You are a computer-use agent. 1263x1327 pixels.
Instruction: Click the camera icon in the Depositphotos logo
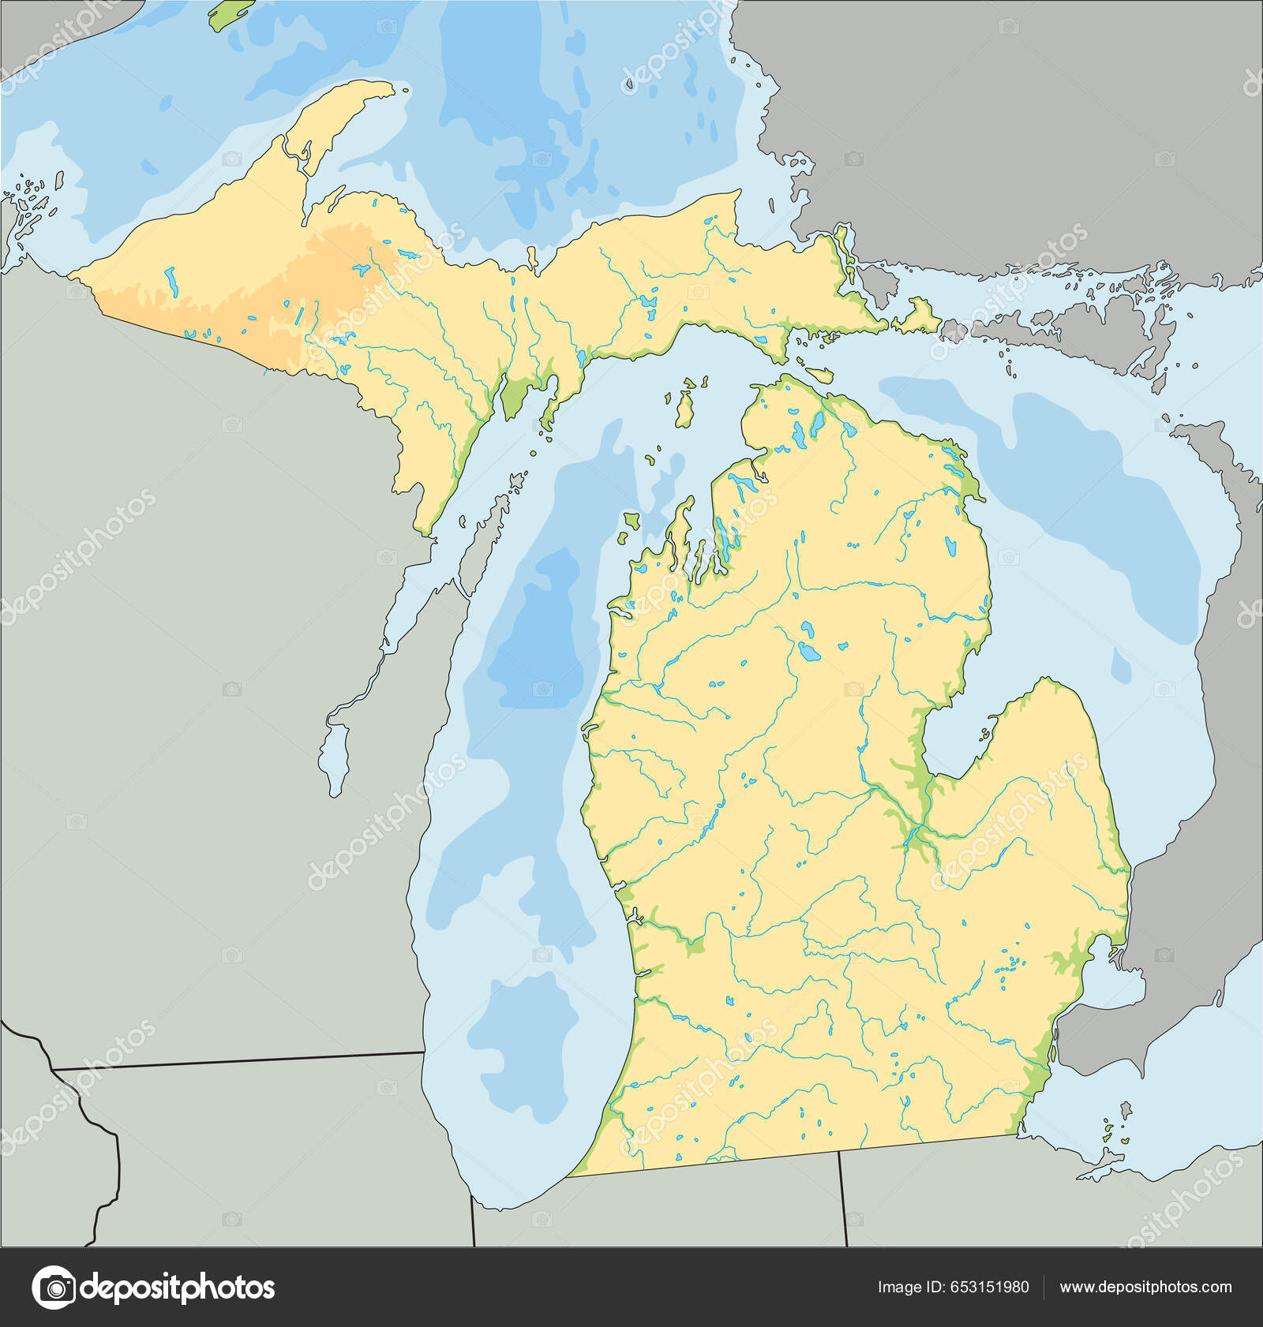54,1287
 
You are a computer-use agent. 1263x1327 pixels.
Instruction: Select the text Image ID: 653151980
953,1287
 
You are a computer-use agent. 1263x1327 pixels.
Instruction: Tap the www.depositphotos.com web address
1145,1287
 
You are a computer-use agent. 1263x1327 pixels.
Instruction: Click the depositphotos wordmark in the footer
178,1287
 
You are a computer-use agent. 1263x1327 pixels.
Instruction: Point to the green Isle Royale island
231,14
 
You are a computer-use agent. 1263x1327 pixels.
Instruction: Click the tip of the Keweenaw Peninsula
387,87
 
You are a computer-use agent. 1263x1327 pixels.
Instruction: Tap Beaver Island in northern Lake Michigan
684,407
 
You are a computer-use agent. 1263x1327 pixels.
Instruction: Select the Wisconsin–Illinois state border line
237,1060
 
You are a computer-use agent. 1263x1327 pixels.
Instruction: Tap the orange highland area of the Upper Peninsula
324,268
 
